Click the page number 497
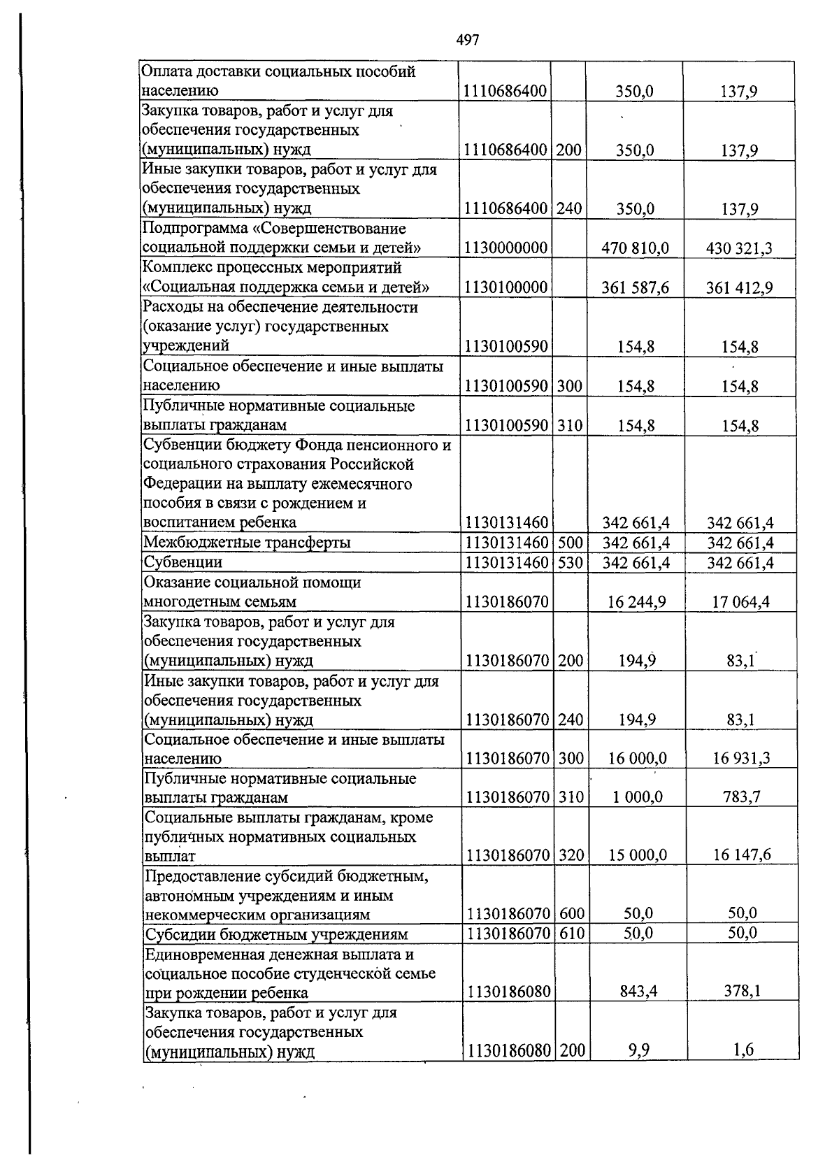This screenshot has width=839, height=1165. point(468,41)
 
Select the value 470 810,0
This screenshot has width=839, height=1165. point(635,248)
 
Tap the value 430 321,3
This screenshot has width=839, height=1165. point(739,248)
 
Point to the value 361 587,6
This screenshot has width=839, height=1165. point(635,287)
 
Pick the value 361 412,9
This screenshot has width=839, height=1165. point(739,287)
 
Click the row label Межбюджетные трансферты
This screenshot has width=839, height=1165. point(247,543)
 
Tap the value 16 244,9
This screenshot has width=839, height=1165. point(636,601)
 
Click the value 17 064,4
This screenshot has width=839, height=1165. point(740,601)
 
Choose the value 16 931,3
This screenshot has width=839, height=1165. point(740,758)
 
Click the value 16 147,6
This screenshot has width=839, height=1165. point(742,855)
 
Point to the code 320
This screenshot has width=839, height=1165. point(571,855)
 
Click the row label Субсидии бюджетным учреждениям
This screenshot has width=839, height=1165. point(276,934)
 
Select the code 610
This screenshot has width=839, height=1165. point(571,933)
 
